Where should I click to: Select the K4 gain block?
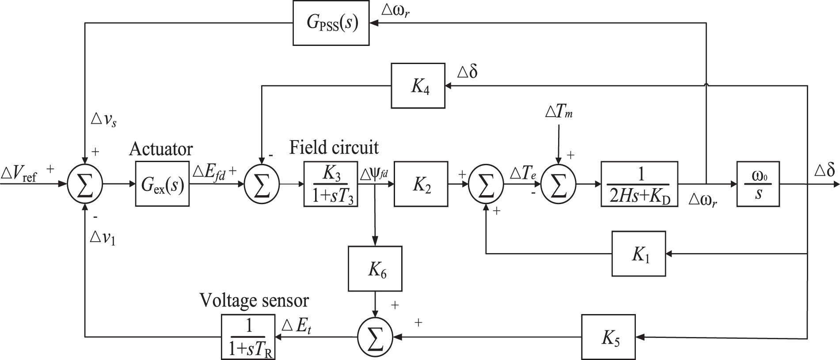click(418, 86)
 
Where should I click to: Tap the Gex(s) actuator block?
click(162, 183)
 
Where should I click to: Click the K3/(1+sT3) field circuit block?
click(331, 183)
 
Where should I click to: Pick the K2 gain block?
click(421, 183)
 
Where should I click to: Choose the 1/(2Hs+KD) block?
click(639, 183)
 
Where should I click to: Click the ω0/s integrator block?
click(758, 183)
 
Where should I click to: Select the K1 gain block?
click(639, 254)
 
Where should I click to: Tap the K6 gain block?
click(375, 269)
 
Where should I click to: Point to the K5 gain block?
click(608, 337)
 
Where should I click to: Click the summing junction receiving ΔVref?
click(85, 183)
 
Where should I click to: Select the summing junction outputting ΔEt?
click(375, 337)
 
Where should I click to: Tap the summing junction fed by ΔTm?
click(559, 183)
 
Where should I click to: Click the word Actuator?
click(161, 149)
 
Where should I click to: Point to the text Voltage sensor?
click(254, 300)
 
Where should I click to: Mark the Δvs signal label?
click(103, 120)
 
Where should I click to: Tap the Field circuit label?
click(334, 147)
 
